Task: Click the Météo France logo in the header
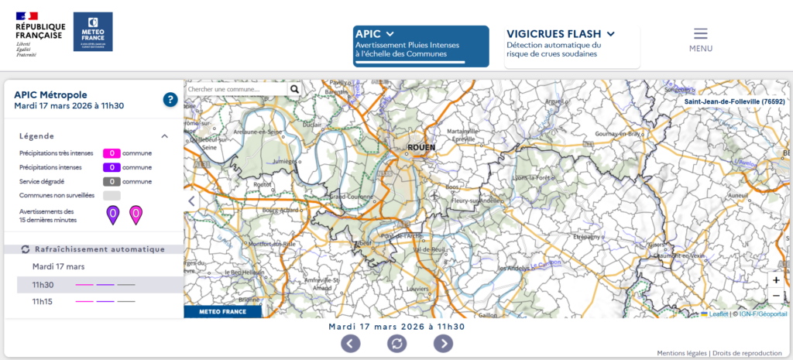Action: [93, 32]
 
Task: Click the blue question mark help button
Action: [170, 99]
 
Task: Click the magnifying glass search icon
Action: [294, 89]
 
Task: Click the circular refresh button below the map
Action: [396, 343]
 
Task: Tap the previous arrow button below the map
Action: [350, 343]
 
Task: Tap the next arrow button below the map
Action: [443, 343]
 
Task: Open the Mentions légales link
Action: [682, 353]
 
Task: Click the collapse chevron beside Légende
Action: [164, 136]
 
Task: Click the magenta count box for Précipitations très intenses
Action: [112, 153]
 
